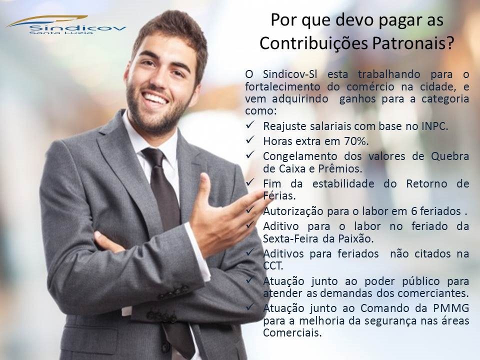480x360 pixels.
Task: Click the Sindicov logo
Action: [66, 25]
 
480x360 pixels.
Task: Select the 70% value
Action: [356, 141]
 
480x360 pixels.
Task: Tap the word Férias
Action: [279, 195]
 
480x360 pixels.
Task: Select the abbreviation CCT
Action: [273, 265]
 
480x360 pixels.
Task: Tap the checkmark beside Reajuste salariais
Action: [250, 125]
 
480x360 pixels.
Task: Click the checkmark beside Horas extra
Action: [250, 140]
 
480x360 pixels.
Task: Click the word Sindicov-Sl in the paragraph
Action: [290, 74]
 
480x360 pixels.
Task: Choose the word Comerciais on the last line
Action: [292, 333]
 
